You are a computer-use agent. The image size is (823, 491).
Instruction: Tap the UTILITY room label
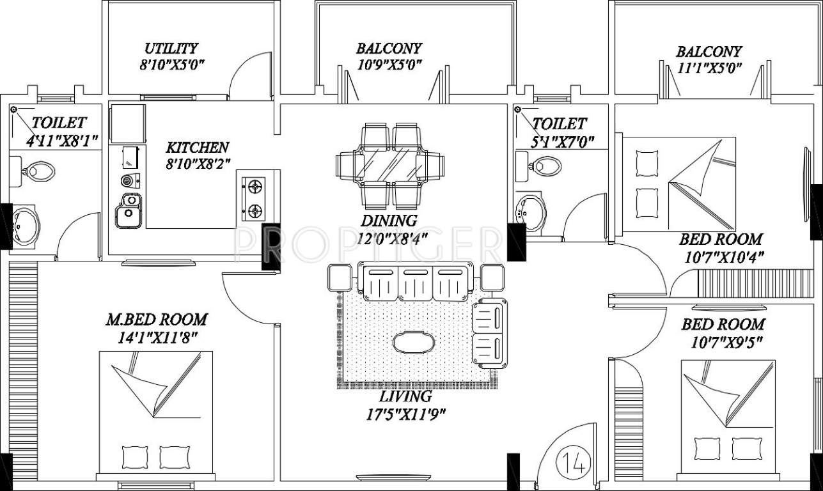(171, 49)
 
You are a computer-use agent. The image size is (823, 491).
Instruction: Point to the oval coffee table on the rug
(413, 343)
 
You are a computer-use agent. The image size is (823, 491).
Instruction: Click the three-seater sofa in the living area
(415, 281)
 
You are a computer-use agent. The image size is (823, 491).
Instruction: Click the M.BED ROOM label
(156, 319)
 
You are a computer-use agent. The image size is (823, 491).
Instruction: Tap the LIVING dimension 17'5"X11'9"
(404, 413)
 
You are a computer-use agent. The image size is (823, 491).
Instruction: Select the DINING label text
(389, 221)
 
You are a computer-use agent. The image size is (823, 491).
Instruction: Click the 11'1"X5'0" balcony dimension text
(709, 68)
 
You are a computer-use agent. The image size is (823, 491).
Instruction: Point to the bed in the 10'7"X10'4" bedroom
(678, 183)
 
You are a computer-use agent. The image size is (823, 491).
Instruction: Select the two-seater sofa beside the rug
(489, 332)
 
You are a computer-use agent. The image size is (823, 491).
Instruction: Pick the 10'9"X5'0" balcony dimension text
(389, 65)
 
